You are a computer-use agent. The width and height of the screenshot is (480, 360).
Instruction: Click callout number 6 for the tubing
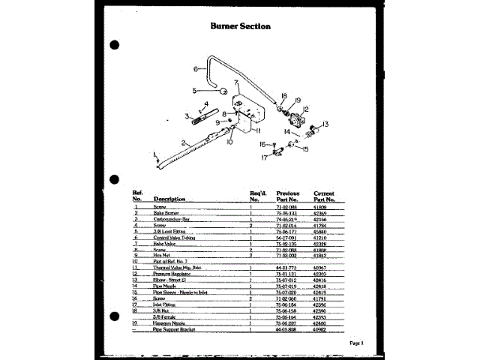pos(195,69)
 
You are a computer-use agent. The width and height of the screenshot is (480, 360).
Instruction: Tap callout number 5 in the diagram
pos(194,90)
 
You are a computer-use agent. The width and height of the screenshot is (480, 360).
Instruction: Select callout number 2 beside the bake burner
pos(182,141)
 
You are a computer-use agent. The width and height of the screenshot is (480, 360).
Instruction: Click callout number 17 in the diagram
pos(264,158)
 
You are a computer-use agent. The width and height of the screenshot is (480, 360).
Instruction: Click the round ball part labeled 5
pos(223,91)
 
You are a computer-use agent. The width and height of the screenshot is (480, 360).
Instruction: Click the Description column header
pos(169,199)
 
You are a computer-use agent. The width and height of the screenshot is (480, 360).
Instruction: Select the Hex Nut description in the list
pos(162,256)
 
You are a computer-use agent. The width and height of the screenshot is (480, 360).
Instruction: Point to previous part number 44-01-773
pos(289,268)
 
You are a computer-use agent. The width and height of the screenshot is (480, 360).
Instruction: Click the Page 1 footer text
pos(355,343)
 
